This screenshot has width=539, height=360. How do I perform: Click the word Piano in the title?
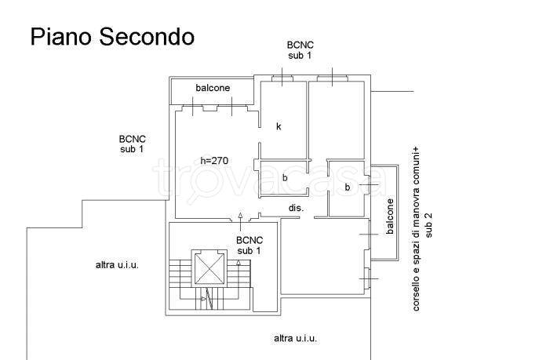(62, 37)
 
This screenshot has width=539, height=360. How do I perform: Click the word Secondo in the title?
(147, 37)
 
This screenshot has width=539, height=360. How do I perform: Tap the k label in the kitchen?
(279, 126)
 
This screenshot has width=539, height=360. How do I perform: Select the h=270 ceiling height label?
(214, 161)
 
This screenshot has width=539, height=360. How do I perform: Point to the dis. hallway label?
(296, 208)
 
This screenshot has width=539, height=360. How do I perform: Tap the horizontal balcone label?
(213, 88)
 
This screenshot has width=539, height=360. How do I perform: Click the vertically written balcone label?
(390, 216)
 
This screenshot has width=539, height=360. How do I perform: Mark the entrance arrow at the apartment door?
(240, 222)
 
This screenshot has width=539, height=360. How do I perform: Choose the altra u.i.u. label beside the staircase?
(117, 265)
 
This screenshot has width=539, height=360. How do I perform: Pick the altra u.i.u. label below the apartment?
(295, 338)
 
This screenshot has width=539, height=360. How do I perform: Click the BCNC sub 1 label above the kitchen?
(300, 50)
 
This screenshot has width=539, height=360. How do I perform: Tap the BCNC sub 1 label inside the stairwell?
(249, 245)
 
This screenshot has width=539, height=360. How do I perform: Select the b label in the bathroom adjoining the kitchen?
(285, 178)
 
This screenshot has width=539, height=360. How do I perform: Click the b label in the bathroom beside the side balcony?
(348, 187)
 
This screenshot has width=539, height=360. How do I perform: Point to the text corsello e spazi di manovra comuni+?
(417, 229)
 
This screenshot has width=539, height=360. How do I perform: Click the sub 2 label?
(428, 225)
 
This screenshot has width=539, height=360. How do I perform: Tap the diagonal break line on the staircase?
(209, 299)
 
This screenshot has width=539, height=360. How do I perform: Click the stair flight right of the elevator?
(239, 274)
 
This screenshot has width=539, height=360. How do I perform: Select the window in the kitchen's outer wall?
(282, 79)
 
